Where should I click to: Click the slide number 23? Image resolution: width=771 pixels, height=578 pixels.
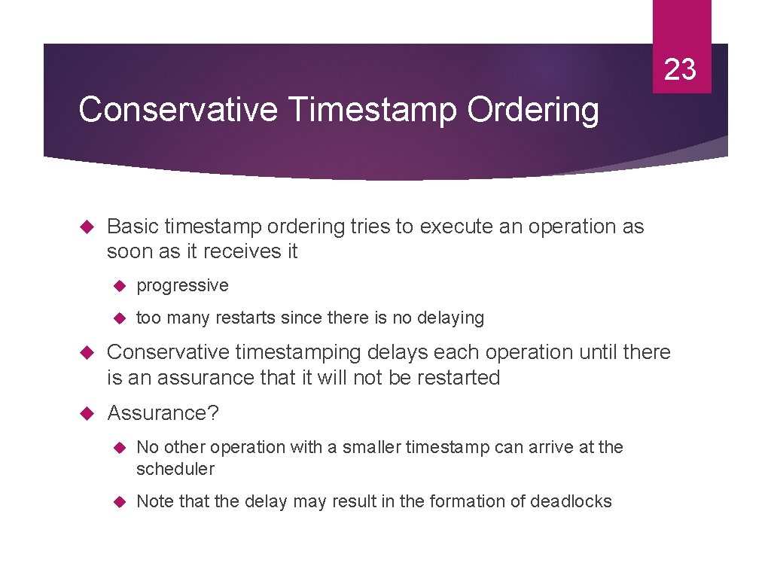tap(681, 69)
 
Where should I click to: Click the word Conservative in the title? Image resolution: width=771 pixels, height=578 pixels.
tap(178, 110)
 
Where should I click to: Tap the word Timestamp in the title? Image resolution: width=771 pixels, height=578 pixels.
tap(373, 110)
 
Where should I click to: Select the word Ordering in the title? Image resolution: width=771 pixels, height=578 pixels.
tap(533, 110)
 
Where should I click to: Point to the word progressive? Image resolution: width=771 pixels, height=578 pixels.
tap(182, 285)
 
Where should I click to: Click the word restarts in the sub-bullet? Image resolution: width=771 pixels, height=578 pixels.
tap(245, 318)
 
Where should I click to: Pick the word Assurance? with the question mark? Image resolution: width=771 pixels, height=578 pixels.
tap(163, 412)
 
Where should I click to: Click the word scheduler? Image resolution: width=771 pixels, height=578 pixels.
tap(175, 469)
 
